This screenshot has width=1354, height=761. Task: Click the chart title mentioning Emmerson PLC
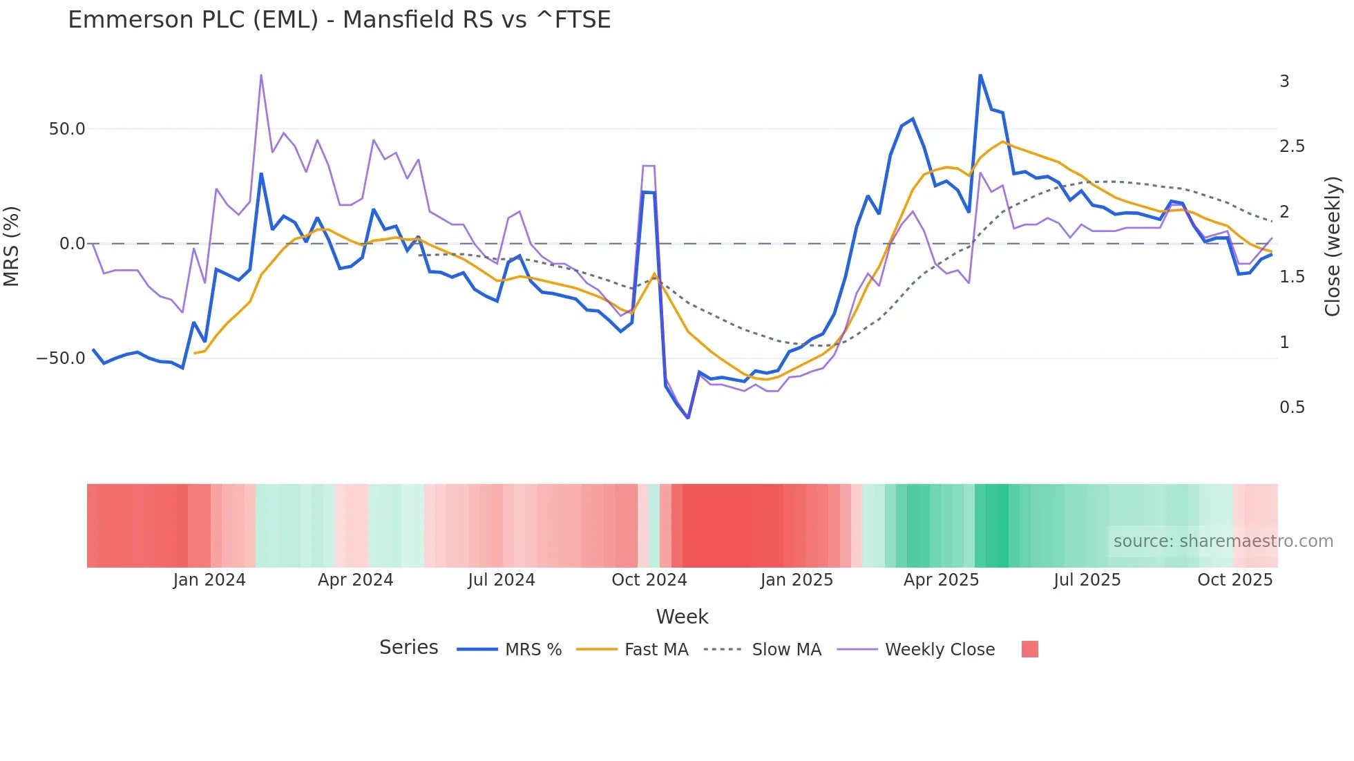tap(339, 20)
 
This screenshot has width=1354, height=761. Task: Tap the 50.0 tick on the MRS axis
tap(67, 129)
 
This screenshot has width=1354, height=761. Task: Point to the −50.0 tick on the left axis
tap(61, 358)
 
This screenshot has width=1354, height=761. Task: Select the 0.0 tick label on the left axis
tap(72, 244)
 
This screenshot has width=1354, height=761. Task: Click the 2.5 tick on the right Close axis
tap(1292, 146)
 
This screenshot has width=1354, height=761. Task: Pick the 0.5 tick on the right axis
tap(1292, 407)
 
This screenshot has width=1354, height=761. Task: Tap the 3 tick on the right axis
tap(1284, 81)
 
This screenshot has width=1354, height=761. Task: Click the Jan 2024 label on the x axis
tap(209, 580)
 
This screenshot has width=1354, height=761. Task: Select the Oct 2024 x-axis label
tap(649, 580)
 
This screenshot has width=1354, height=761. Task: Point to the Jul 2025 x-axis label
tap(1087, 580)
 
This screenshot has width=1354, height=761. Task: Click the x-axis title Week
tap(682, 617)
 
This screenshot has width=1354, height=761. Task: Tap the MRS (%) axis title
tap(12, 246)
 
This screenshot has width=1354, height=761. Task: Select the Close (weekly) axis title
tap(1333, 247)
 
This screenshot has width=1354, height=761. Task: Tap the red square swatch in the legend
tap(1029, 649)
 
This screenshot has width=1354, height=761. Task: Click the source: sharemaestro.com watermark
tap(1223, 541)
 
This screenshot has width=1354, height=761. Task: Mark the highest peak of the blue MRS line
tap(980, 75)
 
